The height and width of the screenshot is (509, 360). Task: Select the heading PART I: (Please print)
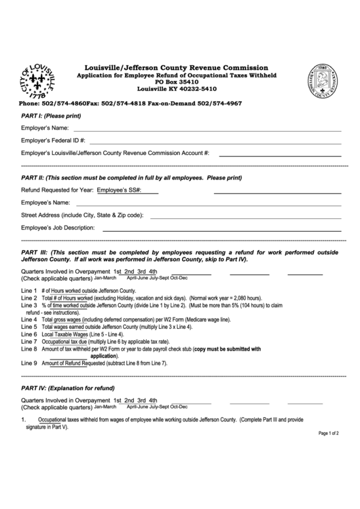pos(46,116)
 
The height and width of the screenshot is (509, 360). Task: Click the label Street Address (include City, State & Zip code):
pos(82,215)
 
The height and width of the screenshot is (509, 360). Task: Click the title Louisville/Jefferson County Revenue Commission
pos(175,67)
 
